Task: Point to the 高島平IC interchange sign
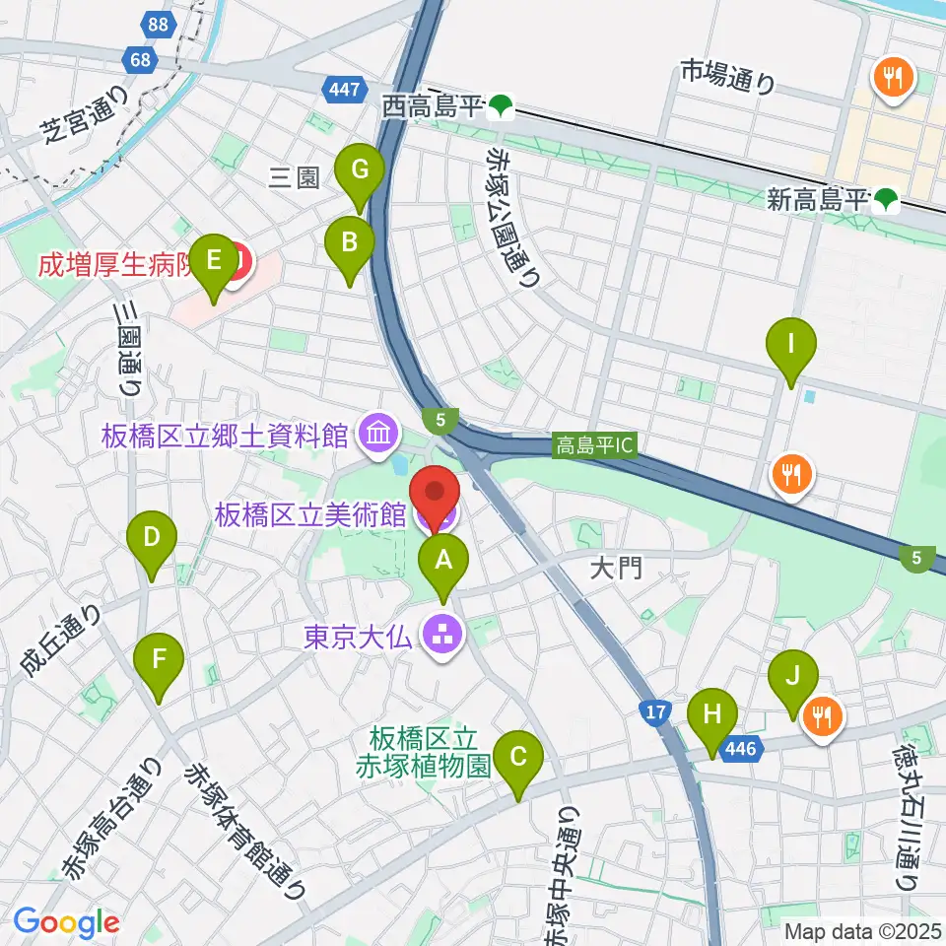593,446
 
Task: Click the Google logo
66,923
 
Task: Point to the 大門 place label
617,569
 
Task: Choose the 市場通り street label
728,76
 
